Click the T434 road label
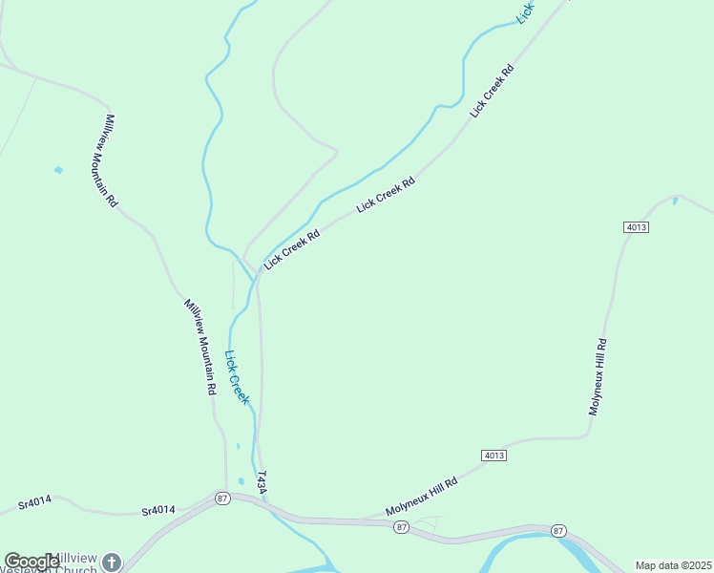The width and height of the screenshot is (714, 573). [262, 482]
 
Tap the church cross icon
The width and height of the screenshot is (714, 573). [112, 562]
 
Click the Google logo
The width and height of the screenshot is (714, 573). [31, 562]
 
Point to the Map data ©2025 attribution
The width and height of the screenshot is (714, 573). [673, 565]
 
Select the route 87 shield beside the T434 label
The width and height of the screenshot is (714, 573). [222, 499]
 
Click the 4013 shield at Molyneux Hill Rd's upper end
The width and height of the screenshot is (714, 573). [637, 226]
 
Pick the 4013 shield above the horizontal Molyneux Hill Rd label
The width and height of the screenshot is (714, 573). [493, 456]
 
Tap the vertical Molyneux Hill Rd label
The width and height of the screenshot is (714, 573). [597, 376]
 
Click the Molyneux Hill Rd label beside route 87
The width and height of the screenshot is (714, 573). [422, 498]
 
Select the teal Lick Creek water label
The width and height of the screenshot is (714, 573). [237, 377]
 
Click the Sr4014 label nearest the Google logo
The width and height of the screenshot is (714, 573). [34, 501]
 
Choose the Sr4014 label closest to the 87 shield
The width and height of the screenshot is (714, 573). [158, 511]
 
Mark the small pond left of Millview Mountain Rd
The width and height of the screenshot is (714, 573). [59, 170]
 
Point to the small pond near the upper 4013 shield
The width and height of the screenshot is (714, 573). [676, 201]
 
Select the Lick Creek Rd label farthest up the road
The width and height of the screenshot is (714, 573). [492, 92]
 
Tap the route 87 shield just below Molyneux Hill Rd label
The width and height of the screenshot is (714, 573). [402, 527]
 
